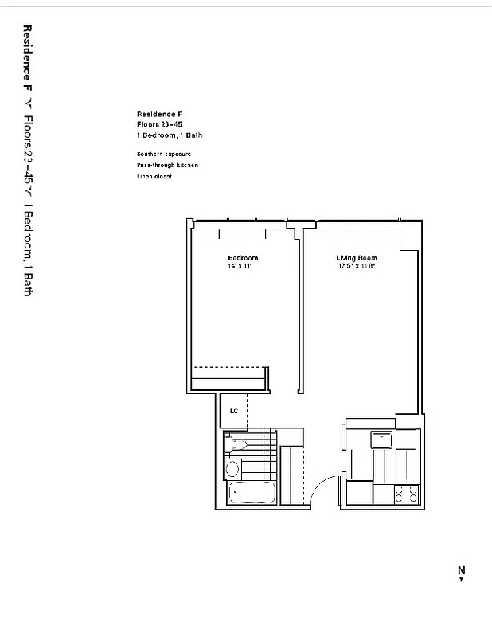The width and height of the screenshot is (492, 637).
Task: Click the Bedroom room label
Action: click(x=243, y=258)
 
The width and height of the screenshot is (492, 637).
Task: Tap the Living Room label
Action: click(x=356, y=258)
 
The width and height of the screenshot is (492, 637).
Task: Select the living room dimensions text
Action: click(x=356, y=266)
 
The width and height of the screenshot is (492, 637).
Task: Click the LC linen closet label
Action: click(x=233, y=412)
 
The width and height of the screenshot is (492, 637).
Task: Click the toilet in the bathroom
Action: click(x=232, y=467)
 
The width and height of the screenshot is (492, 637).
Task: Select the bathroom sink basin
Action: click(x=237, y=444)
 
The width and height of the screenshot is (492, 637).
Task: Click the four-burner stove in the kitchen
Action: click(x=406, y=494)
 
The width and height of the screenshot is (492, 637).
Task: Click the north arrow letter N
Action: click(x=461, y=569)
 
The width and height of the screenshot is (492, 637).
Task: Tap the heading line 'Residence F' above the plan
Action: click(x=159, y=114)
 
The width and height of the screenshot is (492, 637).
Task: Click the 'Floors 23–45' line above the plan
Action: click(x=160, y=124)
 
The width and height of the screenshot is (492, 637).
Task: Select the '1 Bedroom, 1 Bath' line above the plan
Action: click(x=169, y=135)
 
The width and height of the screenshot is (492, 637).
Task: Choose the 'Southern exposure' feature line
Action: click(x=163, y=154)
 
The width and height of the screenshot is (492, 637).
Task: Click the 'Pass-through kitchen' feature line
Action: click(x=166, y=165)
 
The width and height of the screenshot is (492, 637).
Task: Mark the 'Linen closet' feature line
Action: click(x=154, y=176)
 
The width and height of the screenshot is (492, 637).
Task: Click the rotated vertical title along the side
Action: click(x=28, y=160)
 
